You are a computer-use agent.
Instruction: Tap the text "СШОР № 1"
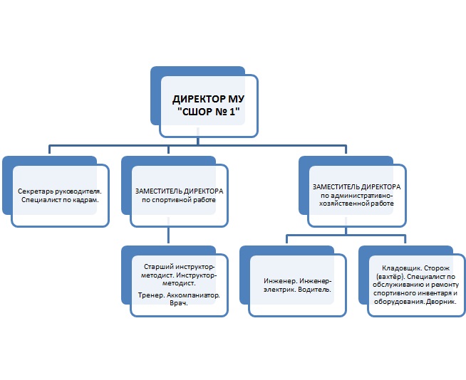[x=209, y=112]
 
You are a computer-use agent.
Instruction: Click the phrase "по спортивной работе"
[x=179, y=200]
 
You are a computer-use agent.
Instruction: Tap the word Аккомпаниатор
[x=193, y=295]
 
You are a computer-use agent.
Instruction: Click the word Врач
[x=179, y=303]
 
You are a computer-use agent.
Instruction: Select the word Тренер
[x=151, y=295]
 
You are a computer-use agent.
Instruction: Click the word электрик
[x=279, y=290]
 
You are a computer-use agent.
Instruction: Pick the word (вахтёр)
[x=390, y=277]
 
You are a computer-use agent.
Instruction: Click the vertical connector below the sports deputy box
[x=168, y=235]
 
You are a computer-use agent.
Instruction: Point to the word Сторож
[x=437, y=268]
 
